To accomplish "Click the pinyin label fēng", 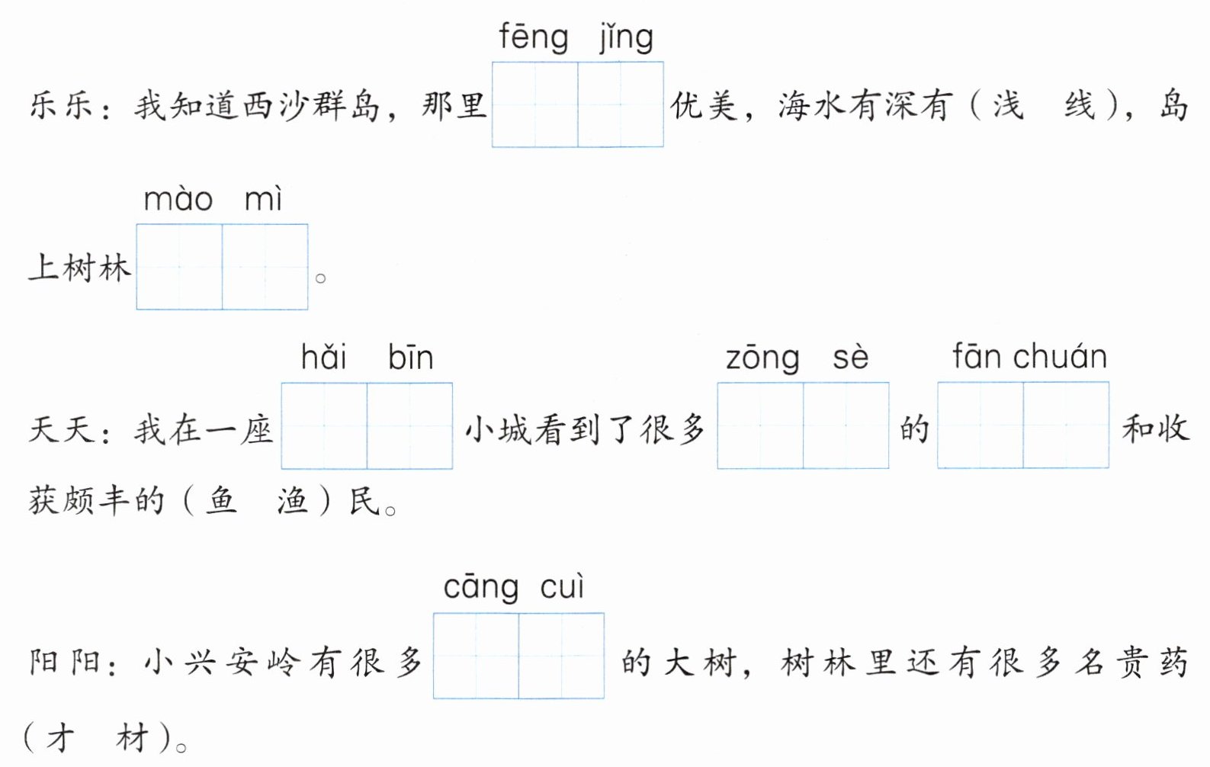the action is pyautogui.click(x=534, y=37).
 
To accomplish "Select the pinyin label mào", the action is pyautogui.click(x=178, y=200).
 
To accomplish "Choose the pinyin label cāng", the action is pyautogui.click(x=481, y=588).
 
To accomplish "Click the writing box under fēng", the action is pyautogui.click(x=535, y=104).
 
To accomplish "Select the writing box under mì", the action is pyautogui.click(x=265, y=267).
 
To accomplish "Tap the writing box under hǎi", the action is pyautogui.click(x=324, y=425).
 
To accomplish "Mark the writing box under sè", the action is pyautogui.click(x=846, y=425).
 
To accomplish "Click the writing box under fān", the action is pyautogui.click(x=981, y=425).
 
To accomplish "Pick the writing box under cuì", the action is pyautogui.click(x=561, y=656).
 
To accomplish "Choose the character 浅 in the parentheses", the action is pyautogui.click(x=1007, y=105).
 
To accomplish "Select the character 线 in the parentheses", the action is pyautogui.click(x=1080, y=105).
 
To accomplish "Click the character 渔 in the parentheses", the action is pyautogui.click(x=293, y=501).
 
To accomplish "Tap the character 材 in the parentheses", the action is pyautogui.click(x=132, y=737).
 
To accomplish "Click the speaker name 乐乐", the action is pyautogui.click(x=61, y=105).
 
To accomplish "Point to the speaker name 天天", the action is pyautogui.click(x=61, y=429).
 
